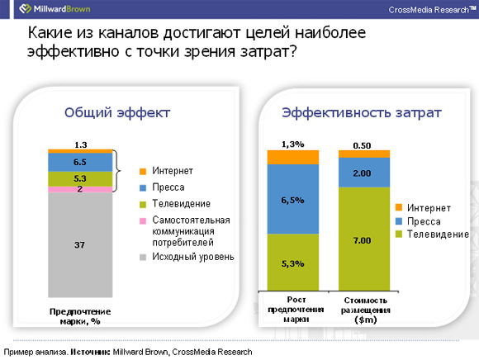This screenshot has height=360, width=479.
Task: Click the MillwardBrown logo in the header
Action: tap(55, 9)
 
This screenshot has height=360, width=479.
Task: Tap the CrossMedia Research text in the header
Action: tap(432, 10)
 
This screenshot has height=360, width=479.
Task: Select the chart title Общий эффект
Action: tap(117, 112)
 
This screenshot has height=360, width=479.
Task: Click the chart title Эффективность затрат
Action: tap(362, 112)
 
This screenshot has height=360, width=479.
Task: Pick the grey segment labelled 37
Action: tap(80, 244)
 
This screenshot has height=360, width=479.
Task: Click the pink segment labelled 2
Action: tap(80, 189)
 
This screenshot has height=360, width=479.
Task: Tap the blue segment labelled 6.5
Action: tap(80, 162)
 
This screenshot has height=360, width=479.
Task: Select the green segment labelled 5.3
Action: tap(80, 178)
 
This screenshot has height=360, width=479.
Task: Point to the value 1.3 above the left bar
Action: tap(81, 144)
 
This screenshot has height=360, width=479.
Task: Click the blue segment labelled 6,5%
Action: tap(293, 199)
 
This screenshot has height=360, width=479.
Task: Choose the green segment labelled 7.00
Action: tap(364, 239)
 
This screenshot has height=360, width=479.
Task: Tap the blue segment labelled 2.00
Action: tap(364, 173)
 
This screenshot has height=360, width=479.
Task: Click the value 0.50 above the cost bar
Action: tap(362, 145)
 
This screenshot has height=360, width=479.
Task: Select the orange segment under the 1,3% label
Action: tap(293, 157)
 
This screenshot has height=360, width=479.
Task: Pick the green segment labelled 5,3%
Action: tap(293, 263)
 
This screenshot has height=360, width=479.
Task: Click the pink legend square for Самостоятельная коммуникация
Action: tap(143, 220)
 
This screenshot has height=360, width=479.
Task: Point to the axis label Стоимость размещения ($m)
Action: tap(365, 310)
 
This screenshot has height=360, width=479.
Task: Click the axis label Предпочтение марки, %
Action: tap(80, 316)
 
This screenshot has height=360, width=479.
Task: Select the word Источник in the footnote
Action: tap(90, 352)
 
